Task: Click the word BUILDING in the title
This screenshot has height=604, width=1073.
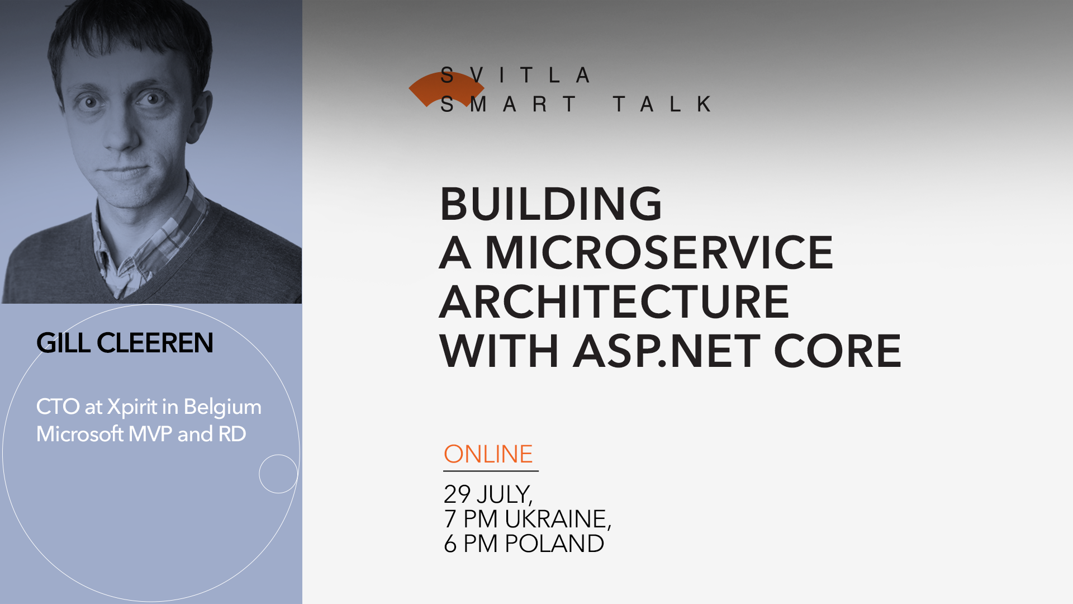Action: tap(550, 204)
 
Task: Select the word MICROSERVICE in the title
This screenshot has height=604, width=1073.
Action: tap(659, 253)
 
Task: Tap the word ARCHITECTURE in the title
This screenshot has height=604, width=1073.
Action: tap(614, 302)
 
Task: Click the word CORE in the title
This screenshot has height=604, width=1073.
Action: tap(837, 351)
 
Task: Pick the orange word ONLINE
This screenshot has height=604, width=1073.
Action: tap(488, 454)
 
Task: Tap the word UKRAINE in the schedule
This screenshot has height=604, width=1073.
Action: tap(558, 519)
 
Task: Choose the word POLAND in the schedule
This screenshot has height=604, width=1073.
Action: tap(554, 544)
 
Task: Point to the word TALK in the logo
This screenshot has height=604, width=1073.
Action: tap(662, 104)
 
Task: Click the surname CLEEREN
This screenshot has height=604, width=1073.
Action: tap(155, 343)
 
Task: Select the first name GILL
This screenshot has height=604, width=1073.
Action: tap(63, 343)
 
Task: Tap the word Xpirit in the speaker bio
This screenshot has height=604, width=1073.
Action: tap(132, 407)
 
